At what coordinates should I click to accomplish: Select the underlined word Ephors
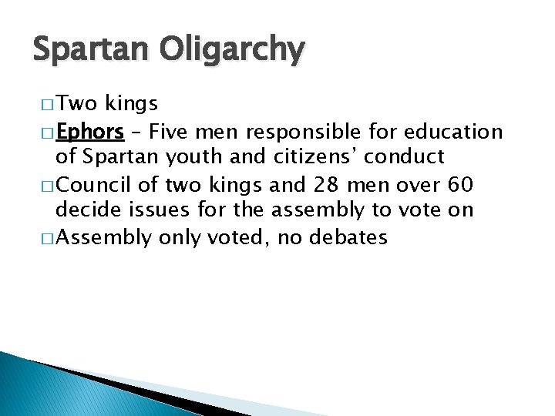coord(91,132)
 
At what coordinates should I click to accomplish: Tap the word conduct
coord(405,157)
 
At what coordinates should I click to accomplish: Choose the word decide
coord(88,210)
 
